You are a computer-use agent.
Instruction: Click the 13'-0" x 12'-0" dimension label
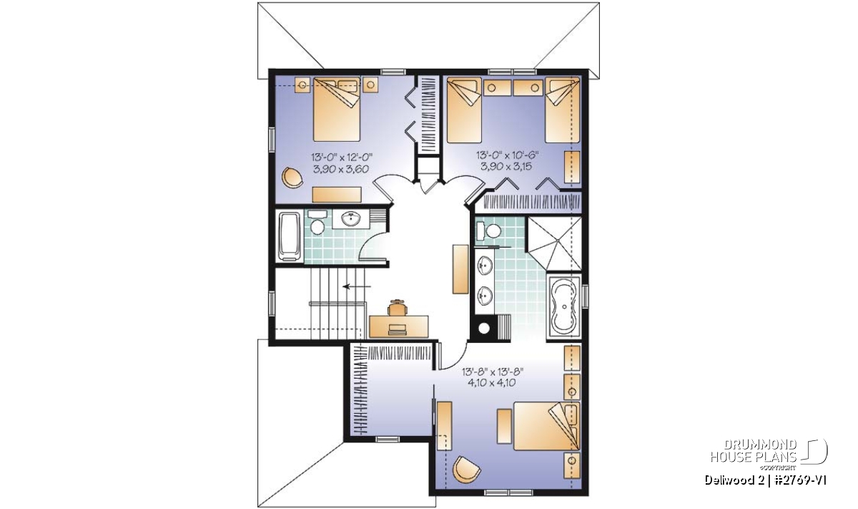coord(341,157)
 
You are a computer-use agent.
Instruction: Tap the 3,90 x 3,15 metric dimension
coord(506,167)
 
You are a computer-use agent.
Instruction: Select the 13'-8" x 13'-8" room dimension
coord(492,372)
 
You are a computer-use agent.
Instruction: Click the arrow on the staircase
coord(357,286)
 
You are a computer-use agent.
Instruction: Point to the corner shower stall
coord(554,243)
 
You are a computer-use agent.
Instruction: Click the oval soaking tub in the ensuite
coord(563,307)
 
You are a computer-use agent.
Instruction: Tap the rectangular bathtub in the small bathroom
coord(289,236)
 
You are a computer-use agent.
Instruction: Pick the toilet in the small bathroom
coord(317,223)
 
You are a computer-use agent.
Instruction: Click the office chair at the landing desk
coord(398,307)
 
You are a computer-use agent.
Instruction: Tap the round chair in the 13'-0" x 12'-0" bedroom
coord(292,178)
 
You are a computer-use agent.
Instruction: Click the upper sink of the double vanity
coord(485,266)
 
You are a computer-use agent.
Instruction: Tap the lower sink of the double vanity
coord(485,296)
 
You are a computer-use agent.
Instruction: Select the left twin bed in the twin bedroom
coord(464,110)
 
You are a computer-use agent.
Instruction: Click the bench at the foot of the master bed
coord(504,426)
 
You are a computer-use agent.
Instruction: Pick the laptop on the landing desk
coord(398,329)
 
